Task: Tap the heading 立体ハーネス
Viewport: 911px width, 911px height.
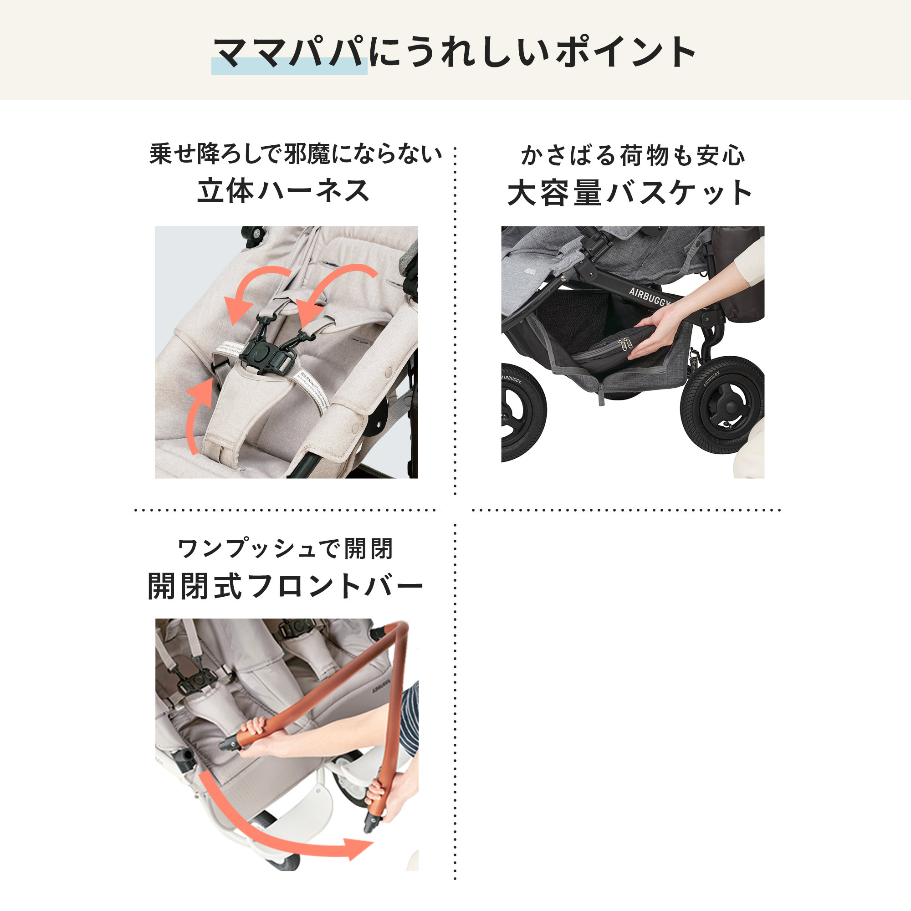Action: [283, 191]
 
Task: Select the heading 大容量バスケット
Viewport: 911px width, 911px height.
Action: [630, 193]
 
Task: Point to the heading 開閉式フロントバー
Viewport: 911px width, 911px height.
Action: [286, 586]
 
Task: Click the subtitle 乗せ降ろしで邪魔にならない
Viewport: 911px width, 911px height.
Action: [296, 154]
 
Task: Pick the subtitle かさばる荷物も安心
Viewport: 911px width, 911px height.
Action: [632, 156]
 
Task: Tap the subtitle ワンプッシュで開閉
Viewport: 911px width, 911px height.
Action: [285, 549]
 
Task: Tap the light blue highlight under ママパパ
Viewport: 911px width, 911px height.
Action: [289, 67]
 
